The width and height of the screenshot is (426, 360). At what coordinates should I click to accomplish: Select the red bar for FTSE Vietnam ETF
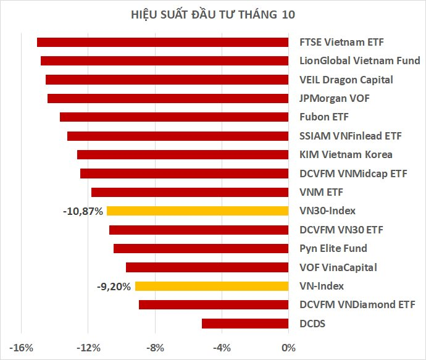162,42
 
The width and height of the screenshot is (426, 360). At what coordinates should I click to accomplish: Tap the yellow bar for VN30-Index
198,211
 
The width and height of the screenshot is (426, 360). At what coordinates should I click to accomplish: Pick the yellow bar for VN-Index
212,286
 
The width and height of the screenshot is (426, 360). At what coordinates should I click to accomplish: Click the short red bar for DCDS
245,324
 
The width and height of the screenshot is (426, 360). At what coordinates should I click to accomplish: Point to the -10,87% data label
83,211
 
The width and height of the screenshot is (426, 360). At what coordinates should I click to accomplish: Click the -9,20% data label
114,287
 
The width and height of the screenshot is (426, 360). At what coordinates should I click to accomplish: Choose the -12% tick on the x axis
88,348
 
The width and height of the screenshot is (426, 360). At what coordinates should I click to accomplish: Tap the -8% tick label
155,348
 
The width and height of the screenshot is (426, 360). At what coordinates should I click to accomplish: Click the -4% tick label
222,348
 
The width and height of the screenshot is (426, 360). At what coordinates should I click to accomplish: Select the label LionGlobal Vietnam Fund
359,61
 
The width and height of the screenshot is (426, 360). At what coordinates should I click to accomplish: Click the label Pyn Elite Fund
333,248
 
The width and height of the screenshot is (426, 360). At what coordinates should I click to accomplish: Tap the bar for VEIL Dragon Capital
167,80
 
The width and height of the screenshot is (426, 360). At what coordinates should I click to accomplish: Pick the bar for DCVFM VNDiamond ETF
214,304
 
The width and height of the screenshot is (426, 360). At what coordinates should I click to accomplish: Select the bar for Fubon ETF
174,117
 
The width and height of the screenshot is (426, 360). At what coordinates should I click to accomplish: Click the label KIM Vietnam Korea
345,154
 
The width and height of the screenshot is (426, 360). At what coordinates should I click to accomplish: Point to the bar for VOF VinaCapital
207,267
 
